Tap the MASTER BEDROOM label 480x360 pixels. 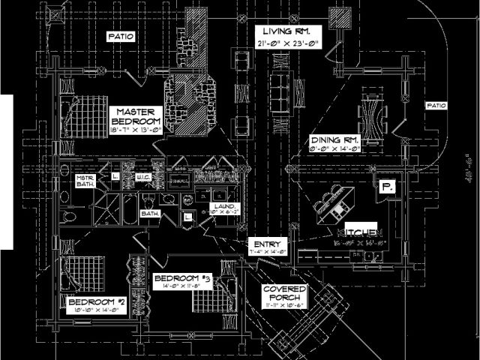pos(136,115)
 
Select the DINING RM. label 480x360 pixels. pos(335,140)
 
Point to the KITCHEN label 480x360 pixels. pos(365,232)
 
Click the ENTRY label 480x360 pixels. pos(268,244)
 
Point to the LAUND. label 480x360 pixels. pos(227,206)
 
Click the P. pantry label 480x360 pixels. pos(387,187)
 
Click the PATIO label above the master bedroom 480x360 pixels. pos(121,36)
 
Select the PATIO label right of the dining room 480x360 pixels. pos(436,106)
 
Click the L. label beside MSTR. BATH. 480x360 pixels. pos(115,176)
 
